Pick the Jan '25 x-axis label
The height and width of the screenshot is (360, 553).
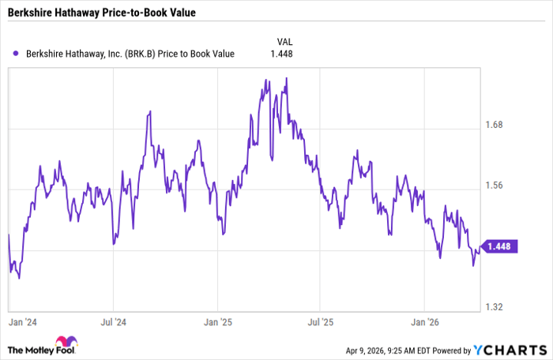217,322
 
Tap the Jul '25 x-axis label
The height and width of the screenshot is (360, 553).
321,322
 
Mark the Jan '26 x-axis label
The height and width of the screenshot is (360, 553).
425,322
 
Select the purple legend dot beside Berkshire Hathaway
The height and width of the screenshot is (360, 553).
16,54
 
